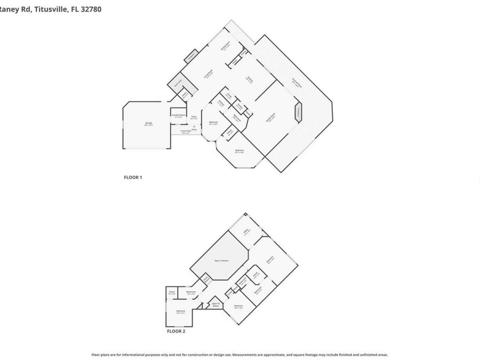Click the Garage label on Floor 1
[x=149, y=124]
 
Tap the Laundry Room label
[x=178, y=116]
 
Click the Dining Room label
[x=226, y=47]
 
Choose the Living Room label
[x=210, y=76]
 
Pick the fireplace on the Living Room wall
[x=192, y=55]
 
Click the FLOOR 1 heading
[x=133, y=177]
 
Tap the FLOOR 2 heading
[x=176, y=331]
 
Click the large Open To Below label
[x=221, y=261]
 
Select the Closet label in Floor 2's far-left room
[x=172, y=292]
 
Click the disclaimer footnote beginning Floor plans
[x=239, y=354]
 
